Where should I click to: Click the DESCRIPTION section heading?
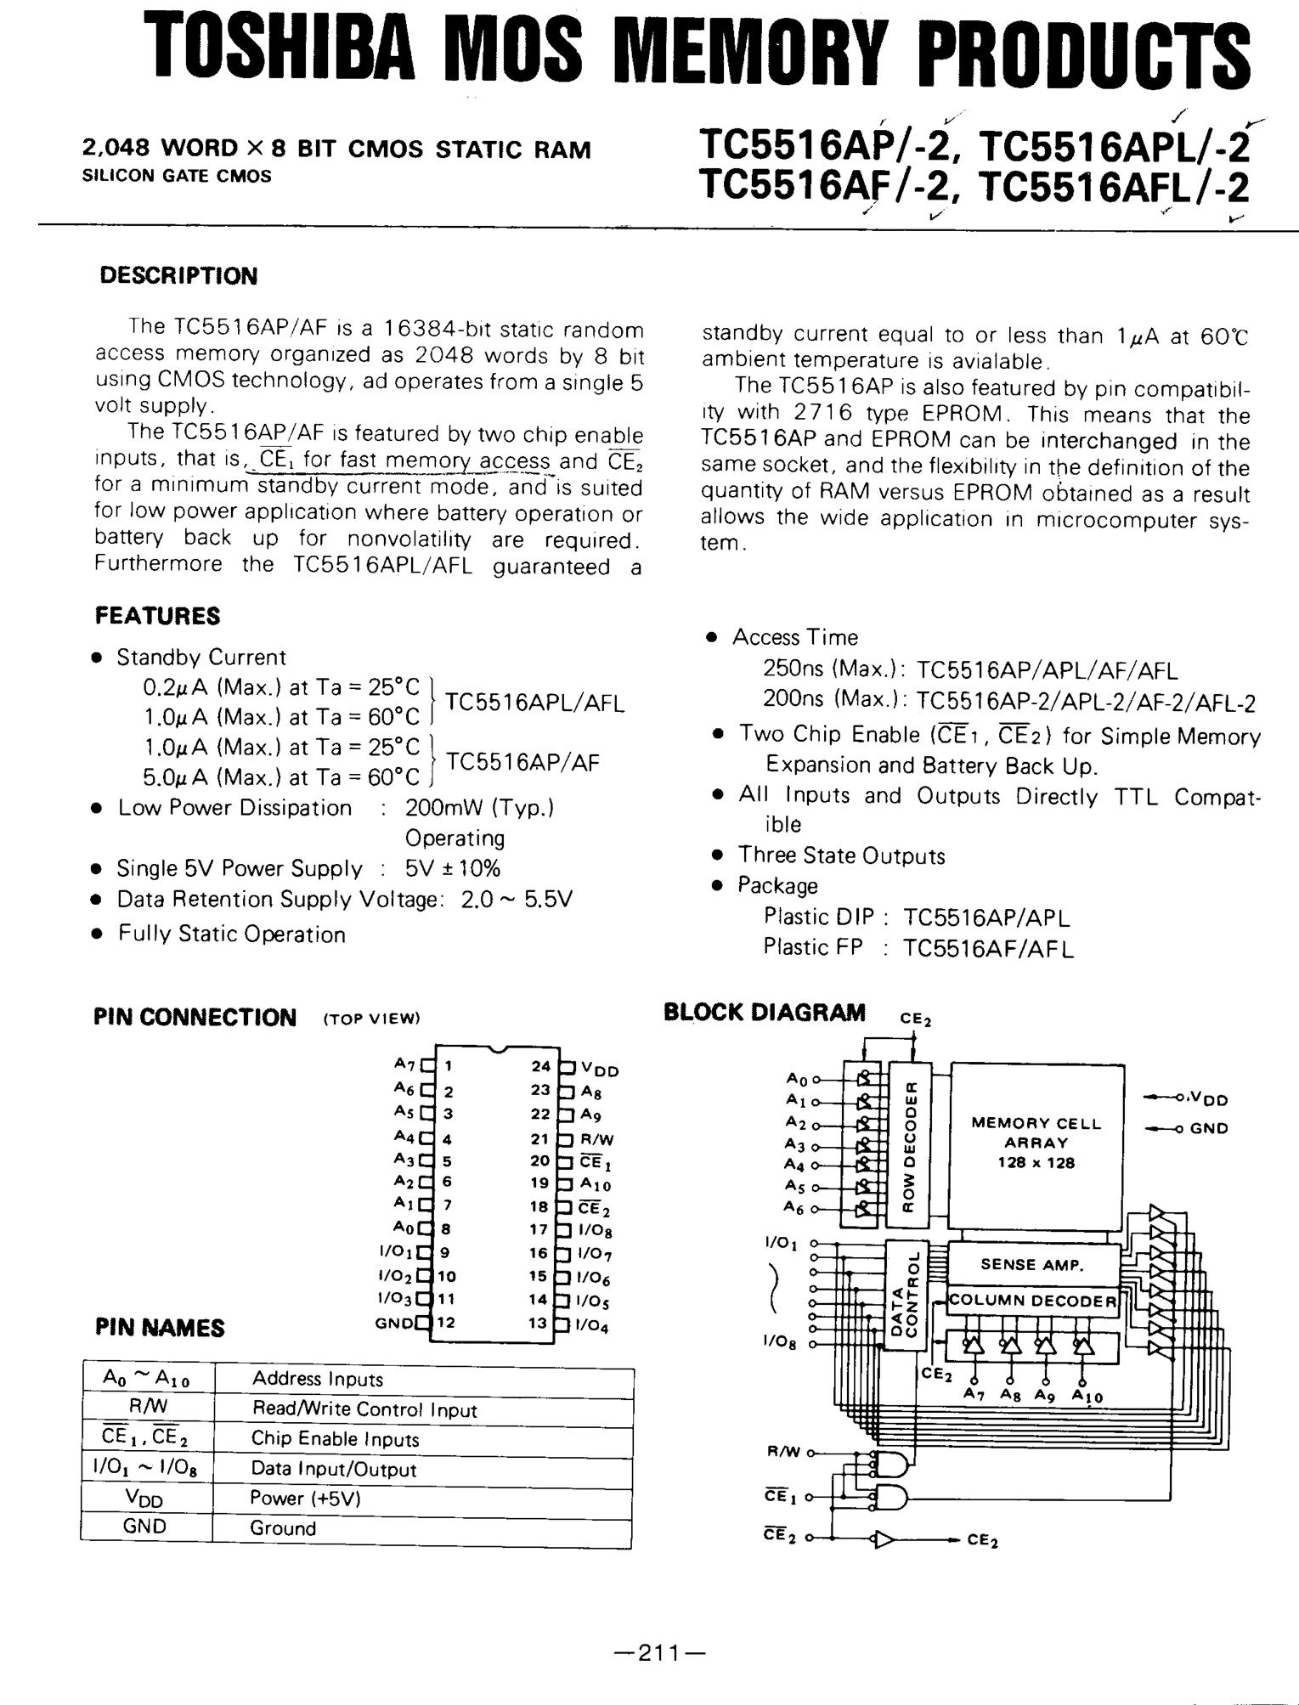(x=178, y=276)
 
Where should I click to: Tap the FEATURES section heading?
(x=157, y=615)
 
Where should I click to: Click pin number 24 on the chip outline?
(x=540, y=1066)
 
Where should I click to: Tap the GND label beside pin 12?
(x=394, y=1323)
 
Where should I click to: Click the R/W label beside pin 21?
(x=597, y=1140)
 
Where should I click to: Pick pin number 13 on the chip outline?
(x=538, y=1323)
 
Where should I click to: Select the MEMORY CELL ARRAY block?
(x=1036, y=1143)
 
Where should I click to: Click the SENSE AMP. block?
(x=1032, y=1264)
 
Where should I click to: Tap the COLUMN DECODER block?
(x=1032, y=1301)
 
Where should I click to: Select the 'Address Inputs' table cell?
(x=318, y=1380)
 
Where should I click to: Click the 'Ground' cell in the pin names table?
(x=283, y=1528)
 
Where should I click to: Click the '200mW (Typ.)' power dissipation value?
(x=479, y=807)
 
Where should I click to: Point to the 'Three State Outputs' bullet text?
(x=841, y=855)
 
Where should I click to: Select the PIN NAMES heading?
(x=160, y=1328)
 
